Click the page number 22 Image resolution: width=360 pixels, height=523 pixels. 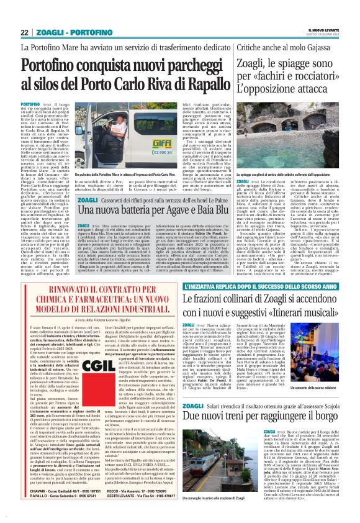(25, 32)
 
